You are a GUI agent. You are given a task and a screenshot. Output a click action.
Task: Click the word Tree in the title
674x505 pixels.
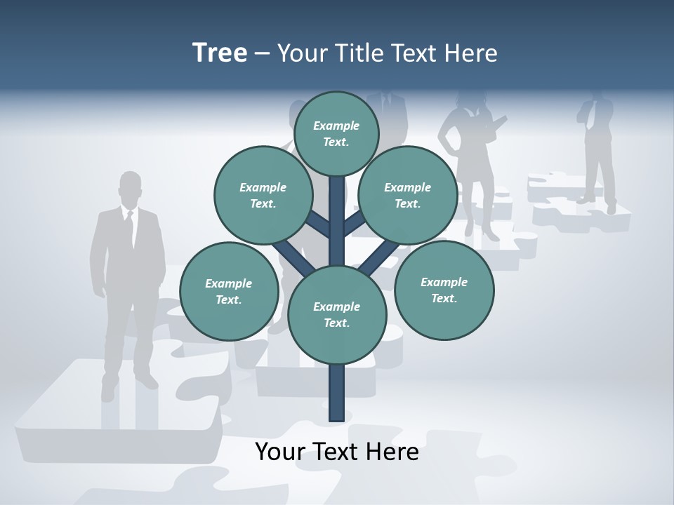tap(220, 53)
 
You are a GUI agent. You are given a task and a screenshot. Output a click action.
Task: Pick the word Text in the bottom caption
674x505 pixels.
tap(337, 452)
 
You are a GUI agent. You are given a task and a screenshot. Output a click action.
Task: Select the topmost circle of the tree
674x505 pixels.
tap(336, 133)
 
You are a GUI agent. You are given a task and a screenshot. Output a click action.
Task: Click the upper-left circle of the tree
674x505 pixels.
tap(263, 195)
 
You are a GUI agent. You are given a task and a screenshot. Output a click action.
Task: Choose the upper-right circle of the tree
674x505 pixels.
tap(407, 195)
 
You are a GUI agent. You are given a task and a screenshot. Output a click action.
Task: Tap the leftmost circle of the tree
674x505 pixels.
tap(229, 291)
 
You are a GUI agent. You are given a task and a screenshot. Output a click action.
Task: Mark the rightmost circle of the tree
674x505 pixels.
tap(444, 290)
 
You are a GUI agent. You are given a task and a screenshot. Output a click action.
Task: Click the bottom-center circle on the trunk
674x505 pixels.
tap(336, 314)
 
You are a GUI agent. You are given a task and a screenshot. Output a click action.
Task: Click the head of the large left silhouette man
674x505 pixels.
tap(130, 188)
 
